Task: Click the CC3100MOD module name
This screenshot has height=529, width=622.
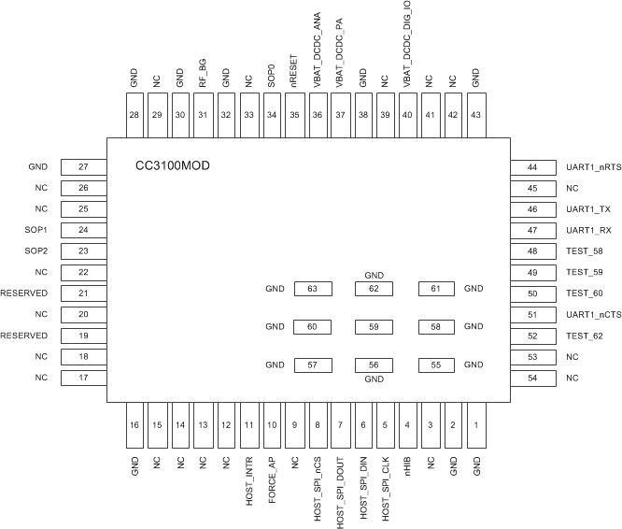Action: click(173, 166)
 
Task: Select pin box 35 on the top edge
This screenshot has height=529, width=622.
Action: click(294, 115)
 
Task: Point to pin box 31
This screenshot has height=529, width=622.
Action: click(203, 115)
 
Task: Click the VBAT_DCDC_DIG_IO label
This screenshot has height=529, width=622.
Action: click(408, 46)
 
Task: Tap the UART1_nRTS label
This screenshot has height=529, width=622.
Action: click(593, 167)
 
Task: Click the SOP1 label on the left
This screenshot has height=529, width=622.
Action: click(37, 230)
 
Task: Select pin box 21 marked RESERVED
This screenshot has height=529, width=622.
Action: click(83, 293)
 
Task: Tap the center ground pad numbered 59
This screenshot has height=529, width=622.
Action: click(375, 327)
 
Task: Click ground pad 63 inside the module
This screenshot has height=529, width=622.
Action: click(313, 289)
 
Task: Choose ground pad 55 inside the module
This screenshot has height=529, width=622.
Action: click(436, 365)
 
